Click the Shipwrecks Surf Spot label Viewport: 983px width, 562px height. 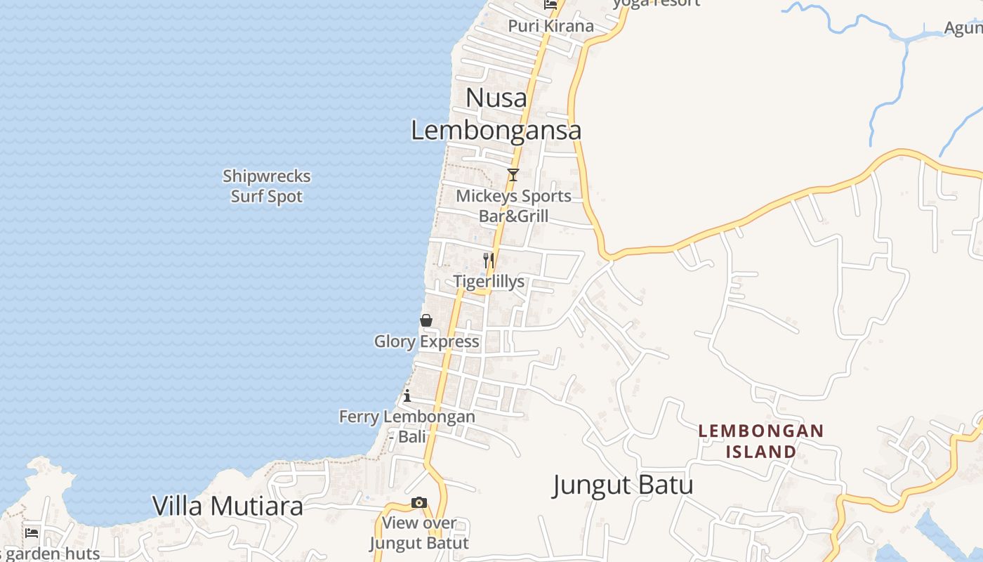pyautogui.click(x=267, y=186)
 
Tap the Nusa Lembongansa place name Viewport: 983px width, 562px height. pyautogui.click(x=496, y=115)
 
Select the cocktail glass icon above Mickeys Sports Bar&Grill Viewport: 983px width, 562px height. pyautogui.click(x=513, y=175)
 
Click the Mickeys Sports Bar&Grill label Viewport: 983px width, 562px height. pyautogui.click(x=513, y=206)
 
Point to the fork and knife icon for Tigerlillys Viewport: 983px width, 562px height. pyautogui.click(x=489, y=261)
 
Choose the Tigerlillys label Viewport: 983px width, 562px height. pyautogui.click(x=489, y=282)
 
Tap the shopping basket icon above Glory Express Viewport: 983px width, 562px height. pyautogui.click(x=426, y=320)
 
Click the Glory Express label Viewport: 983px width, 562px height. pyautogui.click(x=426, y=341)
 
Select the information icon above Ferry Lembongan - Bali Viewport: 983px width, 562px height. pyautogui.click(x=407, y=396)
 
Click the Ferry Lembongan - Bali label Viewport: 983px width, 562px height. pyautogui.click(x=407, y=426)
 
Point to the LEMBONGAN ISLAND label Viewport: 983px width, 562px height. pyautogui.click(x=760, y=440)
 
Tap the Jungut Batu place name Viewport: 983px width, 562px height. pyautogui.click(x=623, y=485)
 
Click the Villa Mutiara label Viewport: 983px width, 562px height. pyautogui.click(x=228, y=506)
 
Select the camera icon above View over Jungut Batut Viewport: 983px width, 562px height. pyautogui.click(x=419, y=502)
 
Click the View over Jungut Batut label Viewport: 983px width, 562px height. pyautogui.click(x=419, y=533)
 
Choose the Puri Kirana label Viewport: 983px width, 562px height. pyautogui.click(x=550, y=26)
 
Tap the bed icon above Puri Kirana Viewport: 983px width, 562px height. pyautogui.click(x=550, y=4)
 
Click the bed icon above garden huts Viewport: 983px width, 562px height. pyautogui.click(x=32, y=532)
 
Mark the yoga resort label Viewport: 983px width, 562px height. pyautogui.click(x=657, y=3)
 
